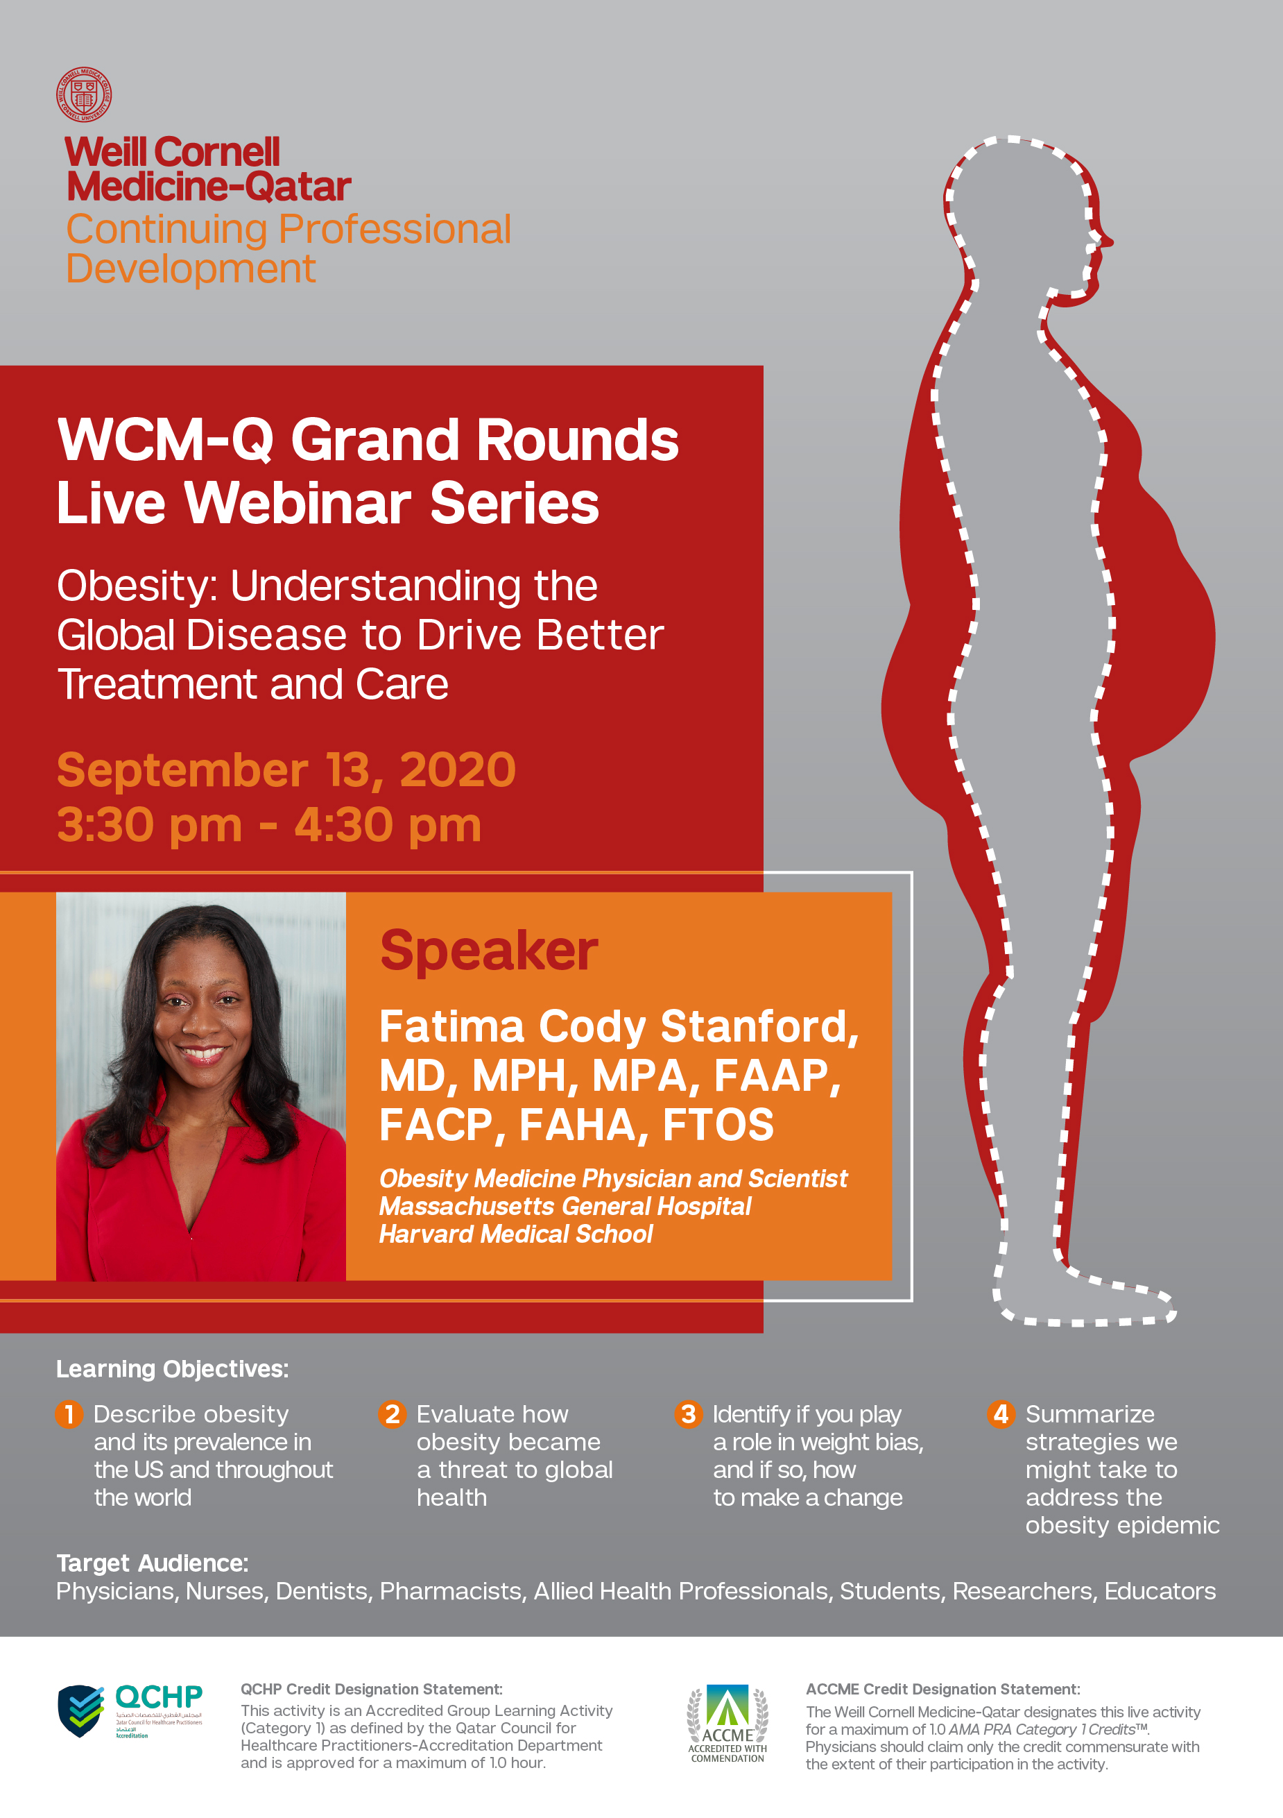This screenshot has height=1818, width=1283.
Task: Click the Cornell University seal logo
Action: click(84, 95)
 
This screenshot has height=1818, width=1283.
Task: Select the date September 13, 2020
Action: click(286, 770)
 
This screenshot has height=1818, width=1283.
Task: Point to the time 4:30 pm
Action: click(388, 825)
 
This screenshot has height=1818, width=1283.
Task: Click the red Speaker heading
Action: click(488, 950)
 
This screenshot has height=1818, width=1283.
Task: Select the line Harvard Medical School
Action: click(516, 1234)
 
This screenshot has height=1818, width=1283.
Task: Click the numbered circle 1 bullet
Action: click(69, 1414)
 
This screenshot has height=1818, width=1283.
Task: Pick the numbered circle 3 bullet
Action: click(688, 1414)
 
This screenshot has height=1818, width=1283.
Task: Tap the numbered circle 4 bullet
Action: click(1001, 1414)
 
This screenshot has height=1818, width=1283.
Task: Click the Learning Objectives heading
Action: click(173, 1369)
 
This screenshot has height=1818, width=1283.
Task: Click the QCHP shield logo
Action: click(80, 1710)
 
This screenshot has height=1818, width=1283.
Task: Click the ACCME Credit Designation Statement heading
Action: click(942, 1689)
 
